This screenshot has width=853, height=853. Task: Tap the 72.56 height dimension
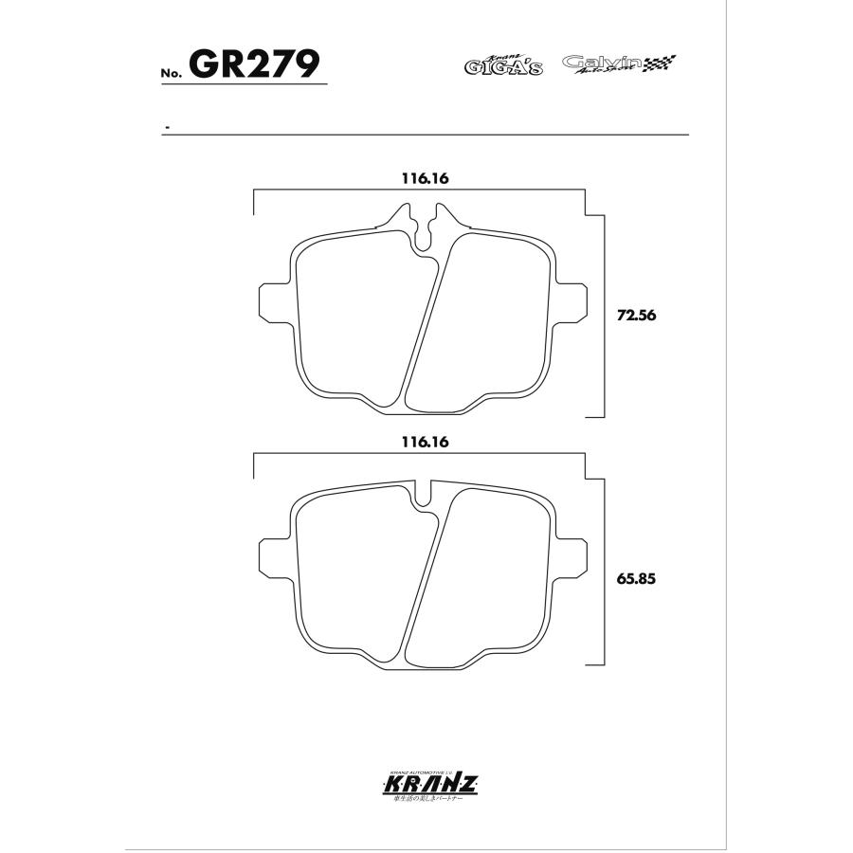pyautogui.click(x=636, y=317)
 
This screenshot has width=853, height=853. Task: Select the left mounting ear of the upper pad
pyautogui.click(x=272, y=299)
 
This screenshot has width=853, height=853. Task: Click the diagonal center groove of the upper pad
pyautogui.click(x=424, y=322)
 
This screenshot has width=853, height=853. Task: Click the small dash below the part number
pyautogui.click(x=167, y=126)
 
